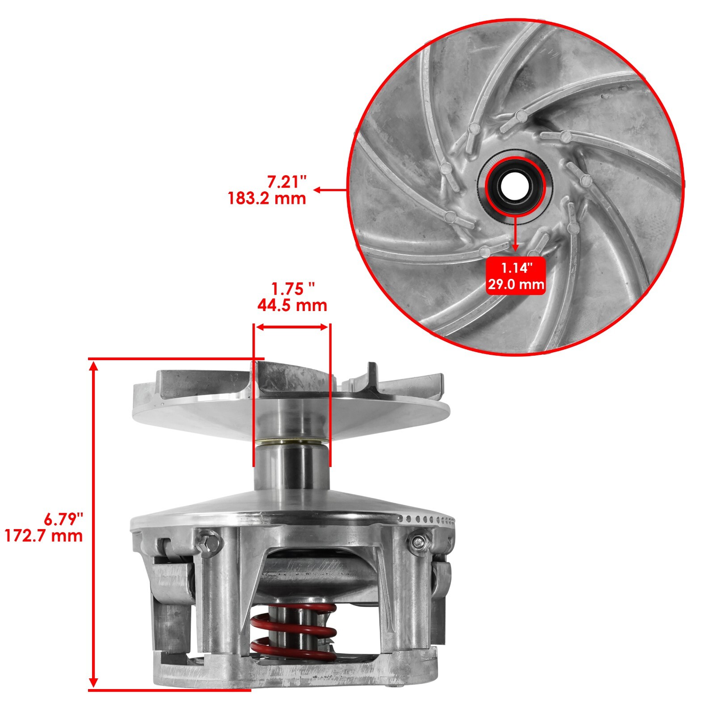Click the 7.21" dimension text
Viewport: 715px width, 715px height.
click(286, 182)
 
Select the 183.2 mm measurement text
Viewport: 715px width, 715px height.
click(267, 198)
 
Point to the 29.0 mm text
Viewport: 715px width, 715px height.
click(516, 284)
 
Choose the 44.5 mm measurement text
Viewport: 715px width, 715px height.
click(292, 306)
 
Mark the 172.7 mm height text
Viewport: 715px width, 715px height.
click(44, 535)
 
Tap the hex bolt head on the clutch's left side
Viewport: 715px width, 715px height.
click(209, 543)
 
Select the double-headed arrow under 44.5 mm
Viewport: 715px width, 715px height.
click(292, 327)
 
